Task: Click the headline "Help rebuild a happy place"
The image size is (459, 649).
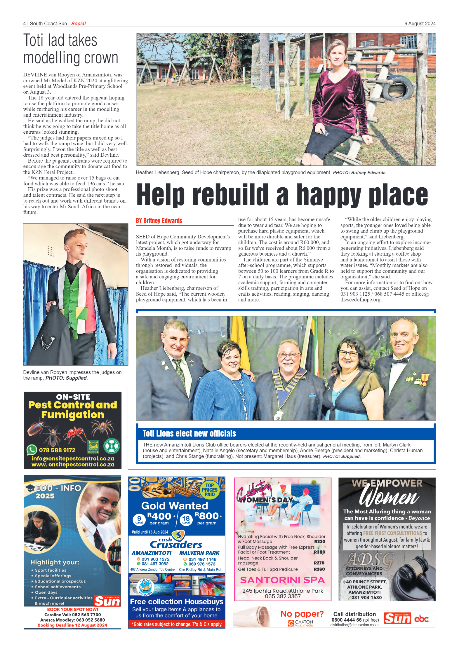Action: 282,195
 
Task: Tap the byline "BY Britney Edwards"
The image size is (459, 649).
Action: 159,221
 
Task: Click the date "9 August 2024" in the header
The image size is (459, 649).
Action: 420,24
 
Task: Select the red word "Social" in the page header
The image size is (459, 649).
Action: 78,24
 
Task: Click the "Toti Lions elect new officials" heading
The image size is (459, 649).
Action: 189,434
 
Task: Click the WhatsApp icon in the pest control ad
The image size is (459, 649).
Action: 32,450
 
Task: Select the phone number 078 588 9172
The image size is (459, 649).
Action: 57,450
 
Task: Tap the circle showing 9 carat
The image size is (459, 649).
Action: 139,519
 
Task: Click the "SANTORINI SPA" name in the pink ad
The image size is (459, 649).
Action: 282,580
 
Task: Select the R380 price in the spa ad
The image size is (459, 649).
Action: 319,552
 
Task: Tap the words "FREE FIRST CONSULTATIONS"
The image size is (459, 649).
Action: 392,533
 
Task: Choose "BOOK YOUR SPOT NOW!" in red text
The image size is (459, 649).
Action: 72,610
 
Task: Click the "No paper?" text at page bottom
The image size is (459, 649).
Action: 302,614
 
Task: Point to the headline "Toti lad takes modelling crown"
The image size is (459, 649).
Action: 71,49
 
